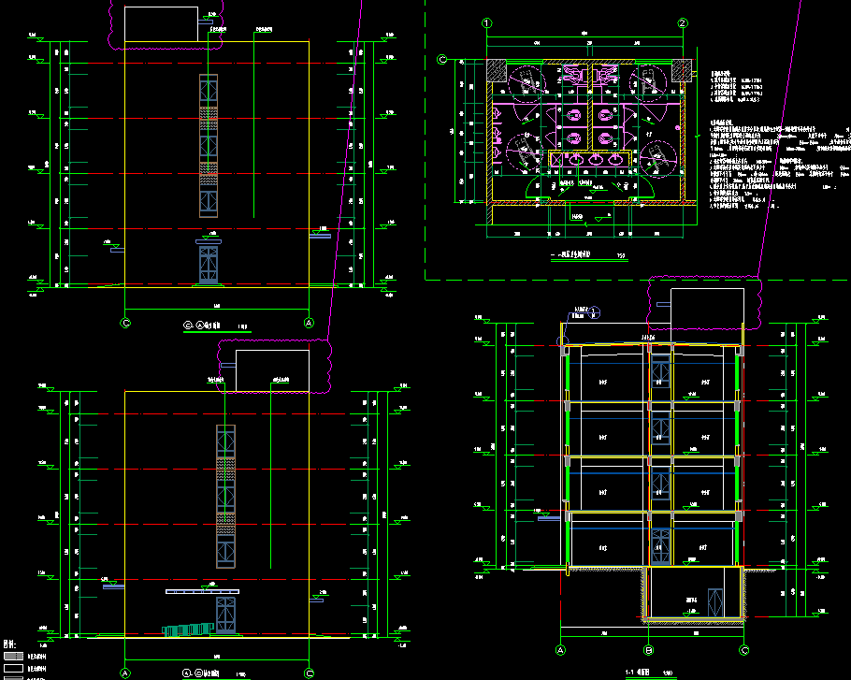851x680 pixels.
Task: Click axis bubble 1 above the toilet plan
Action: (x=486, y=22)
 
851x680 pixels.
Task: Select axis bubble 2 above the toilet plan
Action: (x=684, y=22)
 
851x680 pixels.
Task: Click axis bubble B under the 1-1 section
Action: (x=648, y=650)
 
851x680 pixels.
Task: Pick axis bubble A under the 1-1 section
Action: (x=562, y=650)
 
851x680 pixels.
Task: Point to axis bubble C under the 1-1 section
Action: (x=744, y=650)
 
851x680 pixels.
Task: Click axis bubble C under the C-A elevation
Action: (x=126, y=323)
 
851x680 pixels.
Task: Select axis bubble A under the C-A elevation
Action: (x=310, y=323)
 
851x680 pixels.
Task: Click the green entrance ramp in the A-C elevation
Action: (x=187, y=629)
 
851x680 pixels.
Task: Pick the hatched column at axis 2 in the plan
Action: (x=684, y=69)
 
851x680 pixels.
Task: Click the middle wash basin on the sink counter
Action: (x=596, y=159)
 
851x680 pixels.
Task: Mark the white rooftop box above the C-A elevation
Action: (x=161, y=24)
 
